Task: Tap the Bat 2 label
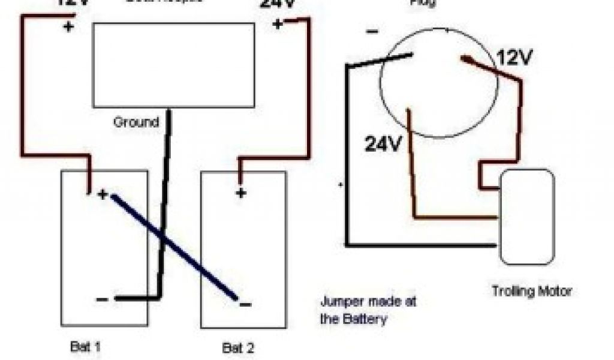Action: point(237,347)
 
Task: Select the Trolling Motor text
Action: point(531,292)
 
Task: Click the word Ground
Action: point(136,122)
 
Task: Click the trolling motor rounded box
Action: point(527,217)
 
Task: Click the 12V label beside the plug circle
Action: point(514,58)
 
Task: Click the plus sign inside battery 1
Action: point(103,194)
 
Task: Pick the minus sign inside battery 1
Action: point(103,298)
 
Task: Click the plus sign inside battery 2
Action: point(240,193)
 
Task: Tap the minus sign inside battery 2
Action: point(245,304)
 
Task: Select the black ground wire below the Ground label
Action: point(165,204)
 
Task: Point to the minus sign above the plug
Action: point(372,31)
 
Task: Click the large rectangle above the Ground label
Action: point(174,65)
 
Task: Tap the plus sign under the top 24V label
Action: point(277,25)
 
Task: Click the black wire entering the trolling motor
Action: point(420,245)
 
